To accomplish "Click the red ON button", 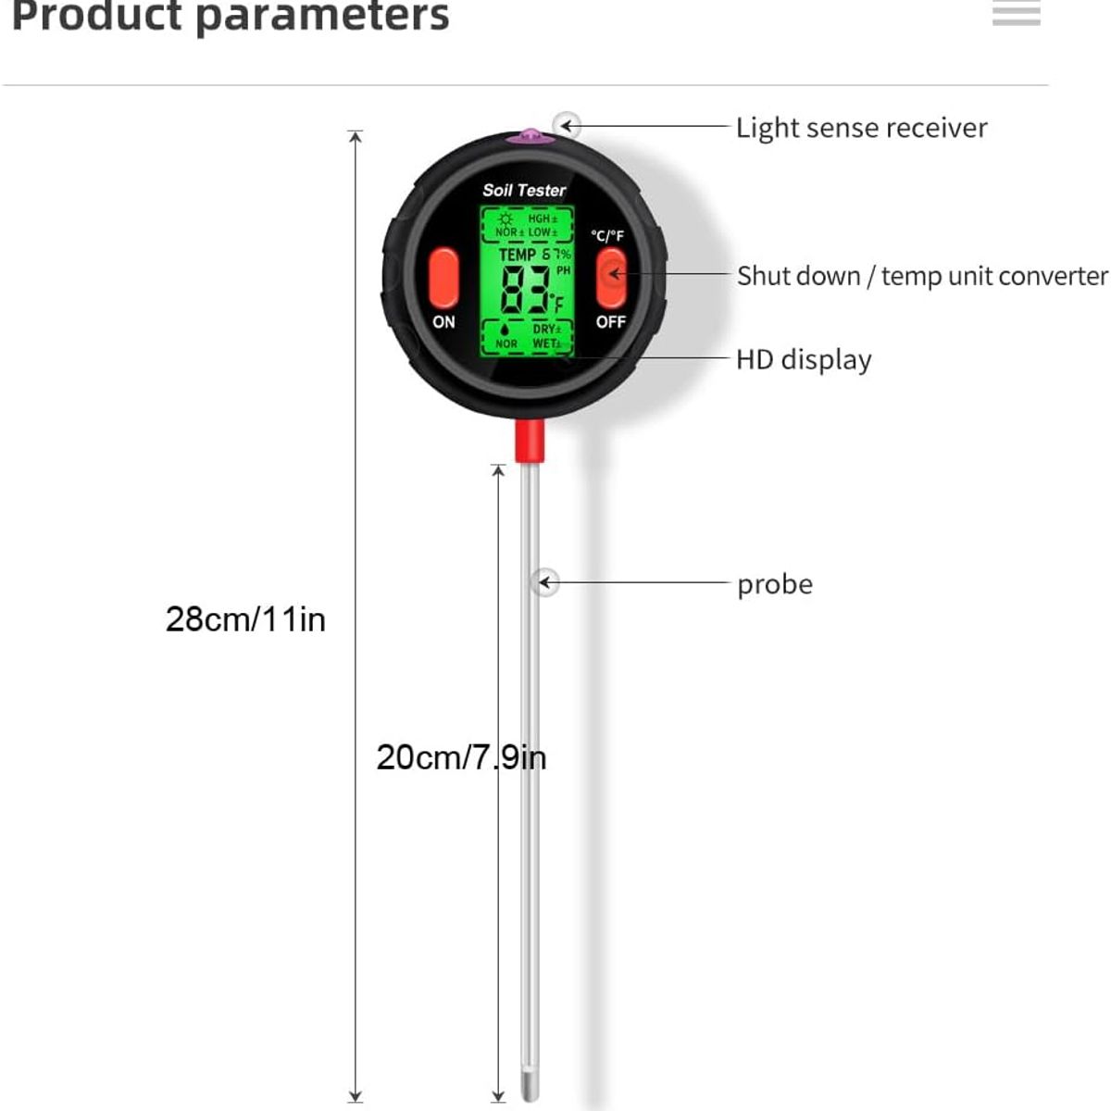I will click(x=443, y=276).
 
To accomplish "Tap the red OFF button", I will click(x=610, y=276).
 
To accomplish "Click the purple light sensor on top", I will click(x=530, y=137).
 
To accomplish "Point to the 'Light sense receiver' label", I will click(x=861, y=128).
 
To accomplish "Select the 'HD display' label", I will click(x=804, y=359).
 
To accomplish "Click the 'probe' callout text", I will click(x=775, y=584).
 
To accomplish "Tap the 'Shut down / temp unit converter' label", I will click(x=922, y=276).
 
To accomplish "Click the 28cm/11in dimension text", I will click(x=245, y=618).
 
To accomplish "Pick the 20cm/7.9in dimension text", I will click(x=461, y=757).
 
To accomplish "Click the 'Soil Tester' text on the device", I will click(x=524, y=190).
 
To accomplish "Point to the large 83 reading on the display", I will click(x=524, y=290).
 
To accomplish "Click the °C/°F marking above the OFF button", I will click(x=607, y=236).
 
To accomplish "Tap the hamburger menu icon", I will click(x=1016, y=13).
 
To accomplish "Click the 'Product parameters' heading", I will click(x=230, y=15).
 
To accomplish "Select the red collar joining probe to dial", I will click(x=529, y=441).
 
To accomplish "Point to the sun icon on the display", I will click(x=506, y=218).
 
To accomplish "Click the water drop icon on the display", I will click(x=506, y=329).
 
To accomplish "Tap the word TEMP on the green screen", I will click(x=517, y=255).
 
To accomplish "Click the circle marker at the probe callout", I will click(x=546, y=582).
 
